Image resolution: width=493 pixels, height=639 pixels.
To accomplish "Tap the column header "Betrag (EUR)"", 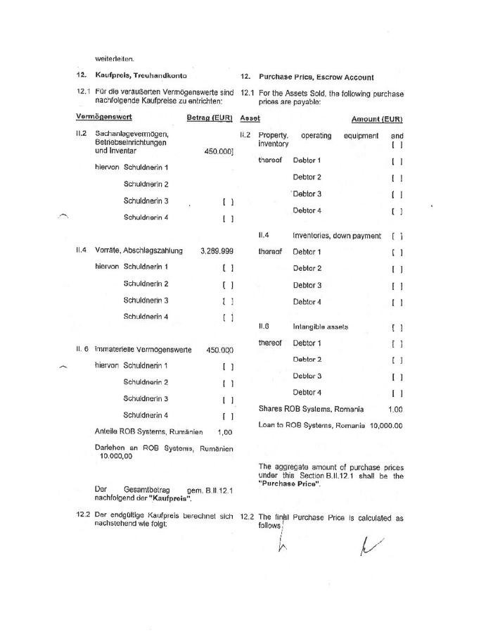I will tap(210, 118).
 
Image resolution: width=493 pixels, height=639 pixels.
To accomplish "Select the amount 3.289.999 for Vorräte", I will tap(217, 251).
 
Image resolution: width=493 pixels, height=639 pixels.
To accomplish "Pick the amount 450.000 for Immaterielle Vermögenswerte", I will tap(219, 350).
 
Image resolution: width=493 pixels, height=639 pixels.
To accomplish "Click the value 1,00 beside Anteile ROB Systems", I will tap(225, 432).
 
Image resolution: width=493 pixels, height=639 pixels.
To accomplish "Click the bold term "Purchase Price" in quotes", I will tap(289, 483).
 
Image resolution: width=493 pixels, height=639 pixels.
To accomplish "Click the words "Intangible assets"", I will tap(321, 327).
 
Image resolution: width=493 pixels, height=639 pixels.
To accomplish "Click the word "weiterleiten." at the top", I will tap(115, 58).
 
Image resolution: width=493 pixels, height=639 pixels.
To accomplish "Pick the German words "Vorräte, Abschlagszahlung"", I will tap(139, 251).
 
